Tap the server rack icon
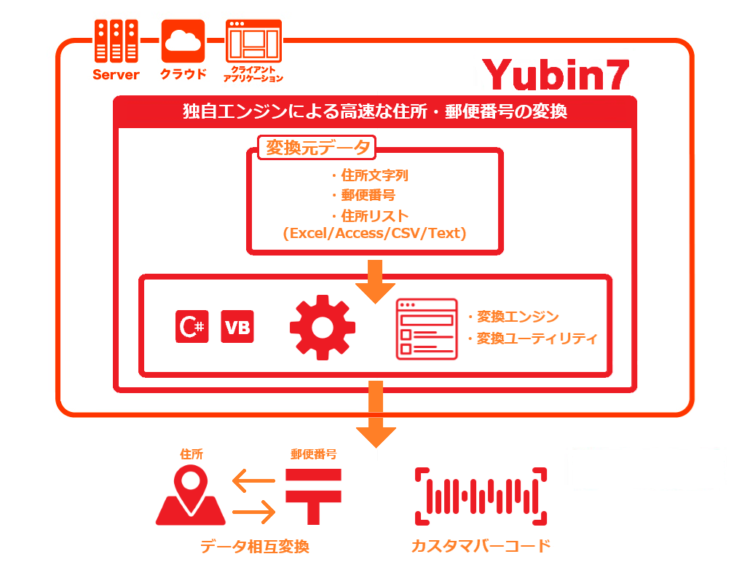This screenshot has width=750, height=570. coord(116,41)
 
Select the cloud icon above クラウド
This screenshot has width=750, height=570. coord(183,41)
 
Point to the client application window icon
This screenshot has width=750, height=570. coord(253,43)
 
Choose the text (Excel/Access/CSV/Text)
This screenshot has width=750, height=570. coord(374,234)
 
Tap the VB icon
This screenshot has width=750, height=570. coord(237,327)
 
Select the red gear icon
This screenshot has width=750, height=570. coord(323,327)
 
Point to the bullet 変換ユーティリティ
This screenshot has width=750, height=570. coord(536,339)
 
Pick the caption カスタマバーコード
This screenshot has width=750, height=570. coord(481,546)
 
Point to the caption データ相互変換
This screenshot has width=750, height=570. coord(254,547)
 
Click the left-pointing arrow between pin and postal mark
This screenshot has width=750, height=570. coord(253,480)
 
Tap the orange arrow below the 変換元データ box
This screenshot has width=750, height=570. coord(376,281)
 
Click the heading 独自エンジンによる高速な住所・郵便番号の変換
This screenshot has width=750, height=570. coord(375,112)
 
